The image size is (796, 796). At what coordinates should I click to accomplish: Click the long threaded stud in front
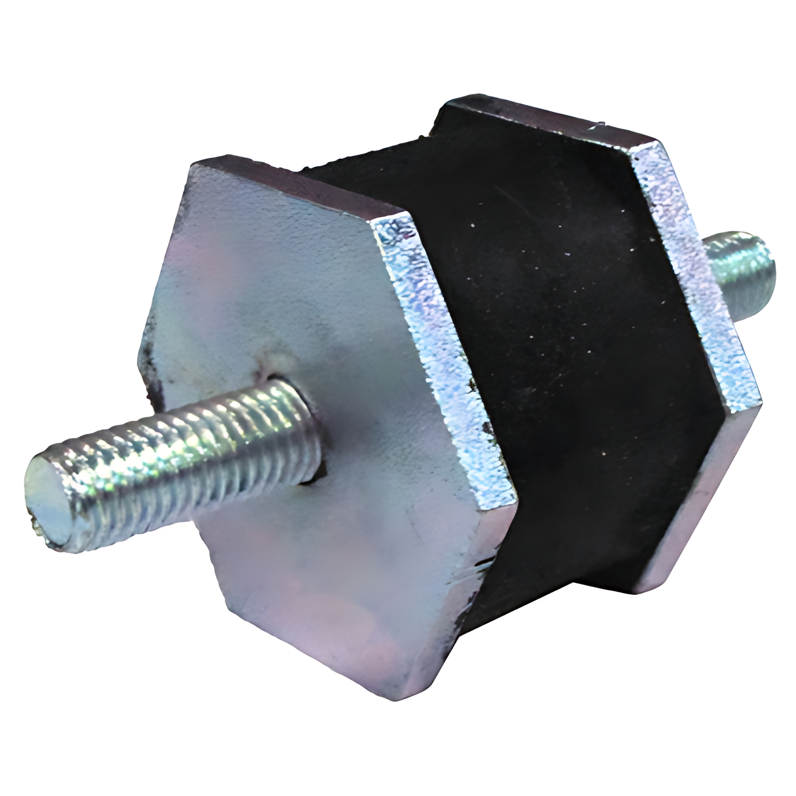point(180,455)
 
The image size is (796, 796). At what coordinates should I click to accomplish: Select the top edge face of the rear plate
point(545,121)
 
